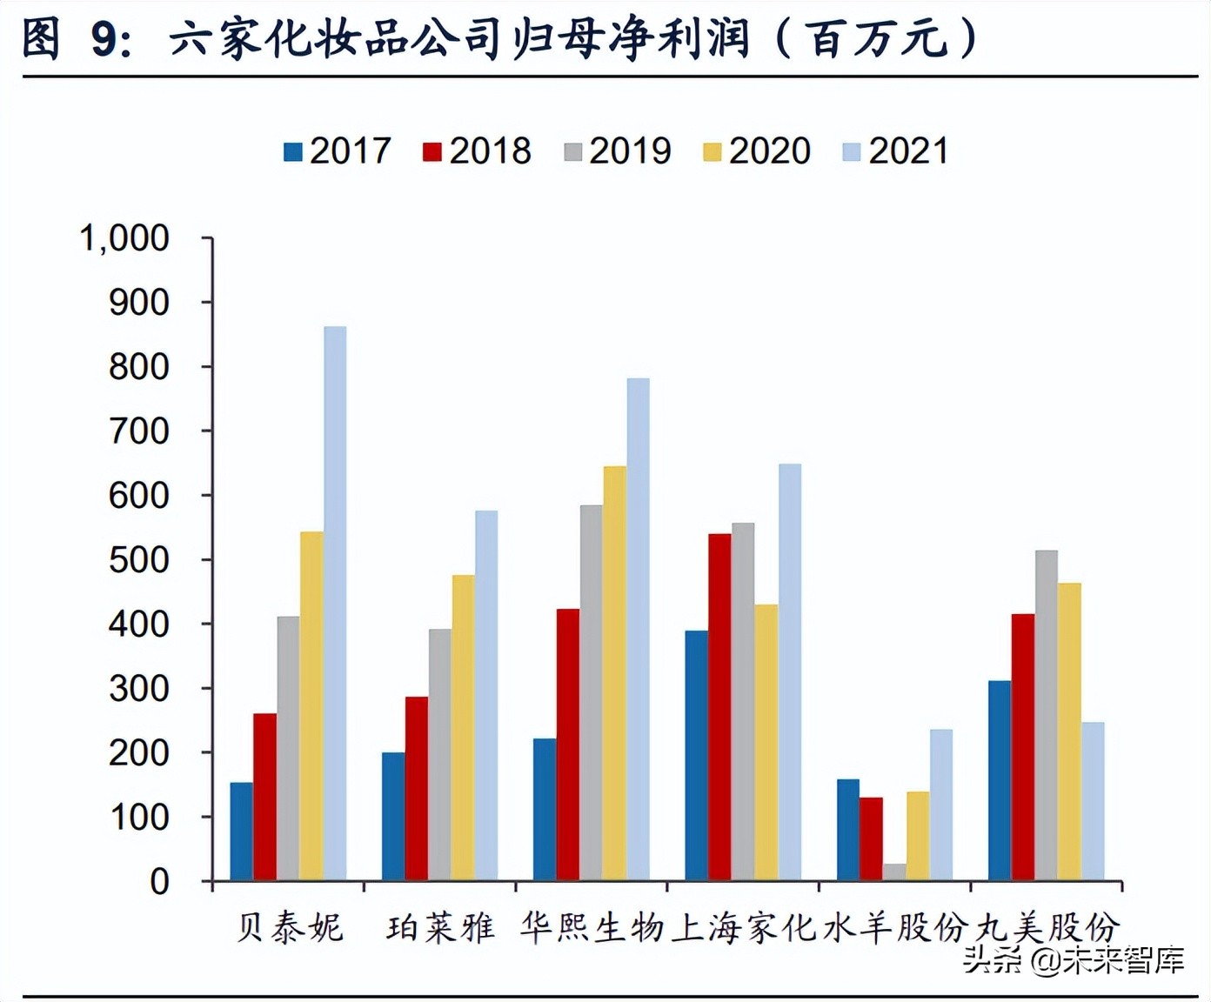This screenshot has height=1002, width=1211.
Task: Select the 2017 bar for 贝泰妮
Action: pos(241,831)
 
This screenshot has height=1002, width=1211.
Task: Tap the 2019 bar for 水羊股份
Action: pos(894,872)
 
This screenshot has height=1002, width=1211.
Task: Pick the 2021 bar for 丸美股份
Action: pos(1093,800)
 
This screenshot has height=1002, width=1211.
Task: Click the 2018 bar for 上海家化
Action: pos(719,706)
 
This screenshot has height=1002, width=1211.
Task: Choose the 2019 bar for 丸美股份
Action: pos(1047,715)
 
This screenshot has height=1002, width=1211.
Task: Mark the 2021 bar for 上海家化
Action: pos(789,671)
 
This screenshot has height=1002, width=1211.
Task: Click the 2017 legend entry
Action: pos(338,151)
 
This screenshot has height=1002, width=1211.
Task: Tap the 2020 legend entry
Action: pos(757,151)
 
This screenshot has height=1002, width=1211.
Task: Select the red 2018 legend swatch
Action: pos(432,152)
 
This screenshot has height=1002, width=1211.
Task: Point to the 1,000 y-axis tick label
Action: pos(124,238)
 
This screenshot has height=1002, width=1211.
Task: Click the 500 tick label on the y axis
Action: pos(138,560)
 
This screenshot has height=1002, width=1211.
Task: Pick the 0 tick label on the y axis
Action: pos(159,882)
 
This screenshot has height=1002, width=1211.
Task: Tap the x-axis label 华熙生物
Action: pos(592,928)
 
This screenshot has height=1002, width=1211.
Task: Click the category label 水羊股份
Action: pos(895,928)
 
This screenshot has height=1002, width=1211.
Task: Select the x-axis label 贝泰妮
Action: pos(290,928)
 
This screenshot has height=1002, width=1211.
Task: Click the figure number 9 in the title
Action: pos(105,39)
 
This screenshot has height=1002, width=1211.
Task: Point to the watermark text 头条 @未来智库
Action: pos(1074,960)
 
